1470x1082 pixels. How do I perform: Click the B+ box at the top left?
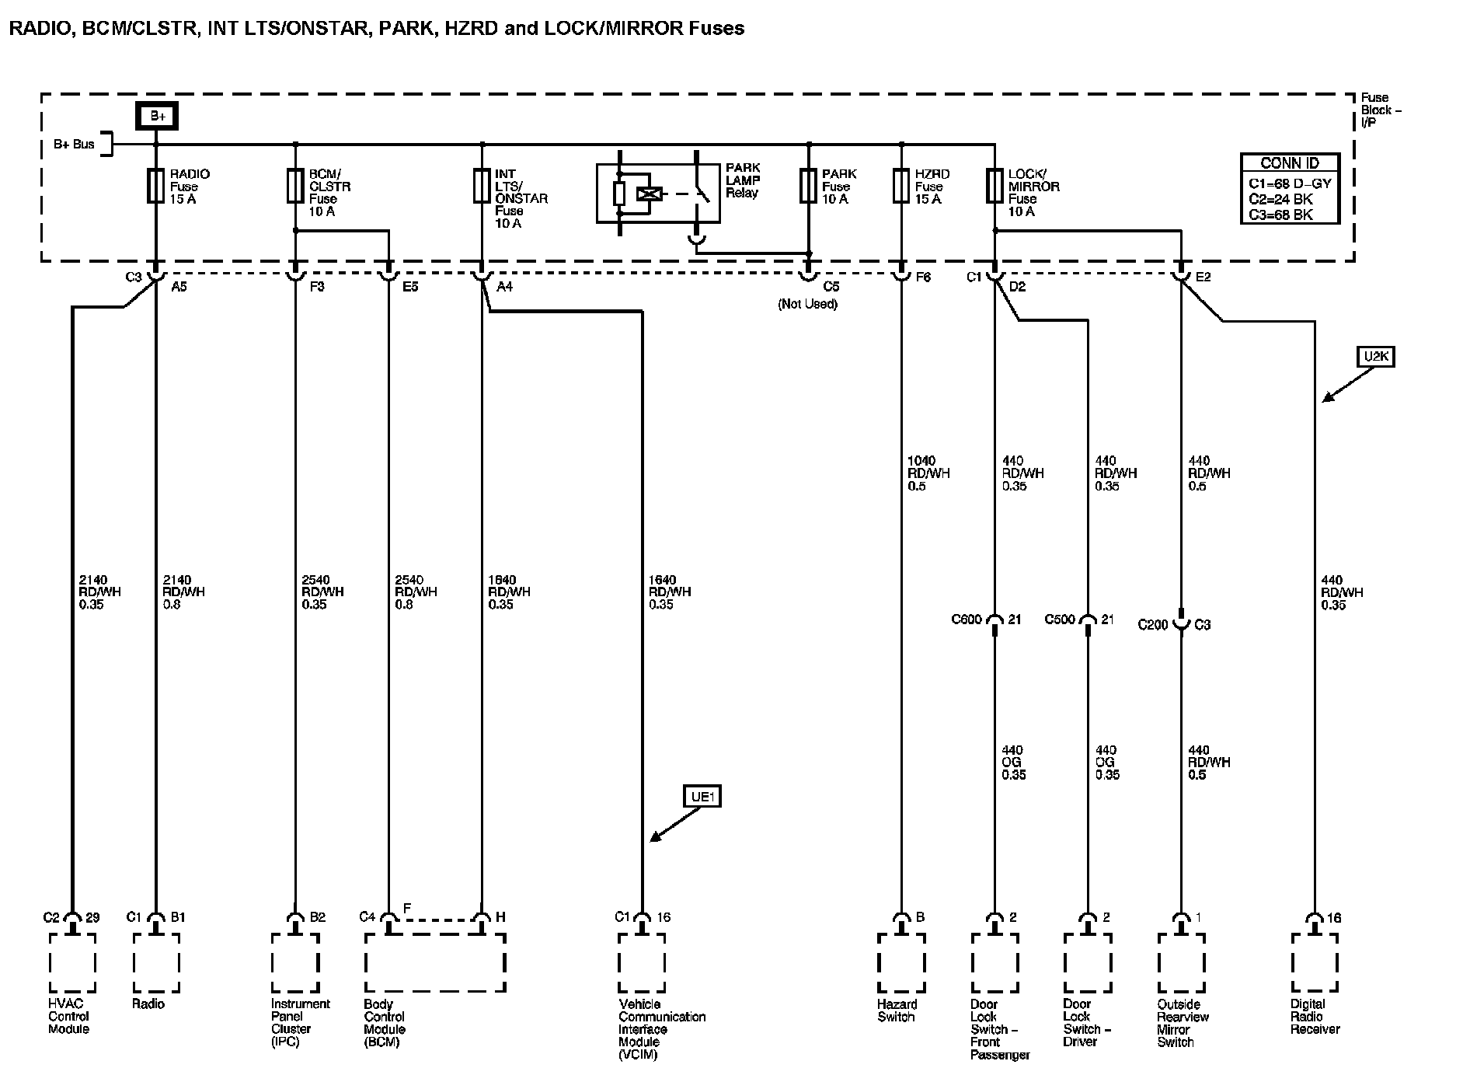(158, 116)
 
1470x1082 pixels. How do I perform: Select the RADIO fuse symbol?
(156, 187)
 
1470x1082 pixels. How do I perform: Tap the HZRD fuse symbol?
(901, 187)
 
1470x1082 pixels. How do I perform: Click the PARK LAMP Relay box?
(657, 194)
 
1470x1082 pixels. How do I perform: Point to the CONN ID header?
(1289, 163)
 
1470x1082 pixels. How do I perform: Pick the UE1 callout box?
(702, 797)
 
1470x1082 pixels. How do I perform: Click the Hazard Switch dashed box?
(901, 963)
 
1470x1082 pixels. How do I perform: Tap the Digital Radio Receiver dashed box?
(1315, 963)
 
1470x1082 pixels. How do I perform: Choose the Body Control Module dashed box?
(435, 963)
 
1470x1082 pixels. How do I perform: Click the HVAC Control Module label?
(69, 1017)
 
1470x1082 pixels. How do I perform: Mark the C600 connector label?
(967, 620)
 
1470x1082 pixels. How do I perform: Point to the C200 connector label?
(1153, 624)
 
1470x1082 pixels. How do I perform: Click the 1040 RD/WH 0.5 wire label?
(928, 473)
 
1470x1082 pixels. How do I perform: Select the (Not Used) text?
(807, 304)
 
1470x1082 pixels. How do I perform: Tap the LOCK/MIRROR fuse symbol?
(995, 187)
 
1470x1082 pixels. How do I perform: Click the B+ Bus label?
(74, 145)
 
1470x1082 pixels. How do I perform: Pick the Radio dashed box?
(156, 963)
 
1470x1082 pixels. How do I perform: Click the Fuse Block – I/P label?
(1381, 110)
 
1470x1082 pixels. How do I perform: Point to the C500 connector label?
(1060, 620)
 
